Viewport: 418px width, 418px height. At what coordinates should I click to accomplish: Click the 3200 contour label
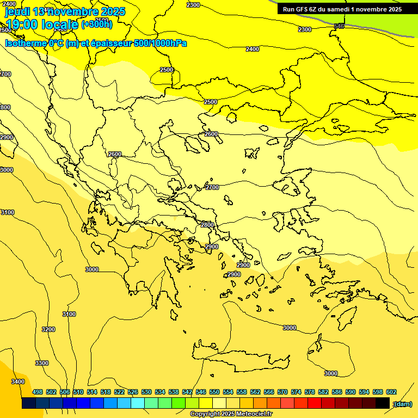point(48,329)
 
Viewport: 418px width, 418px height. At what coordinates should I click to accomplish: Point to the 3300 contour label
point(41,363)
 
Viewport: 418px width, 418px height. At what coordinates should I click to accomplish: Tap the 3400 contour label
point(18,382)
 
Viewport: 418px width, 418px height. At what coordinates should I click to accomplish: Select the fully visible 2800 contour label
point(207,225)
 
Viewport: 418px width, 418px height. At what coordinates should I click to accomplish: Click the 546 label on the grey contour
point(339,26)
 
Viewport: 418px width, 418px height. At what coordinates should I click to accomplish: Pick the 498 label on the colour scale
point(38,392)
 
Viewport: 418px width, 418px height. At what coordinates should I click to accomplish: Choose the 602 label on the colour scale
point(391,392)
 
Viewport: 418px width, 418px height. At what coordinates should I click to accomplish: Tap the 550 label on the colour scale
point(214,392)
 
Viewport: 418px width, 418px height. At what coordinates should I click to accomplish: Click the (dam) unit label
point(402,404)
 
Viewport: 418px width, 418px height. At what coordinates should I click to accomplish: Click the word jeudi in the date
point(17,11)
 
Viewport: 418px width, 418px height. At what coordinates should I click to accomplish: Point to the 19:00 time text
point(22,24)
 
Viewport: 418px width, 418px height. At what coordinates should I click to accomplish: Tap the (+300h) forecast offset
point(97,24)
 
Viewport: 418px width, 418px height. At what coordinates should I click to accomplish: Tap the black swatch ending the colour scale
point(382,403)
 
